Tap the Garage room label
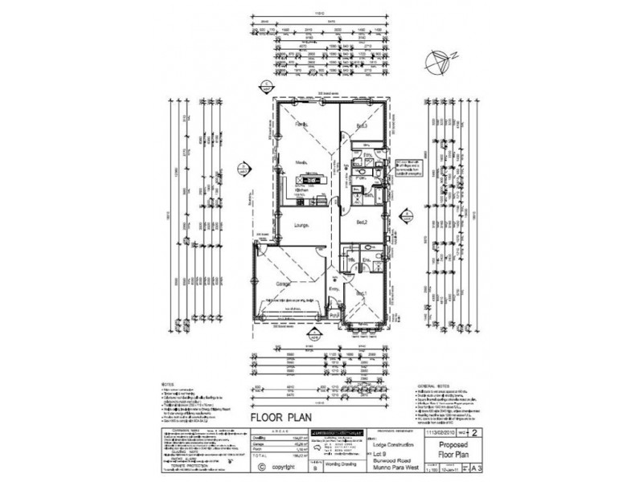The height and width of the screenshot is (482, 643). [284, 284]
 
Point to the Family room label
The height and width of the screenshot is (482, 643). [301, 126]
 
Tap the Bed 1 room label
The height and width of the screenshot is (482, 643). [362, 293]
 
